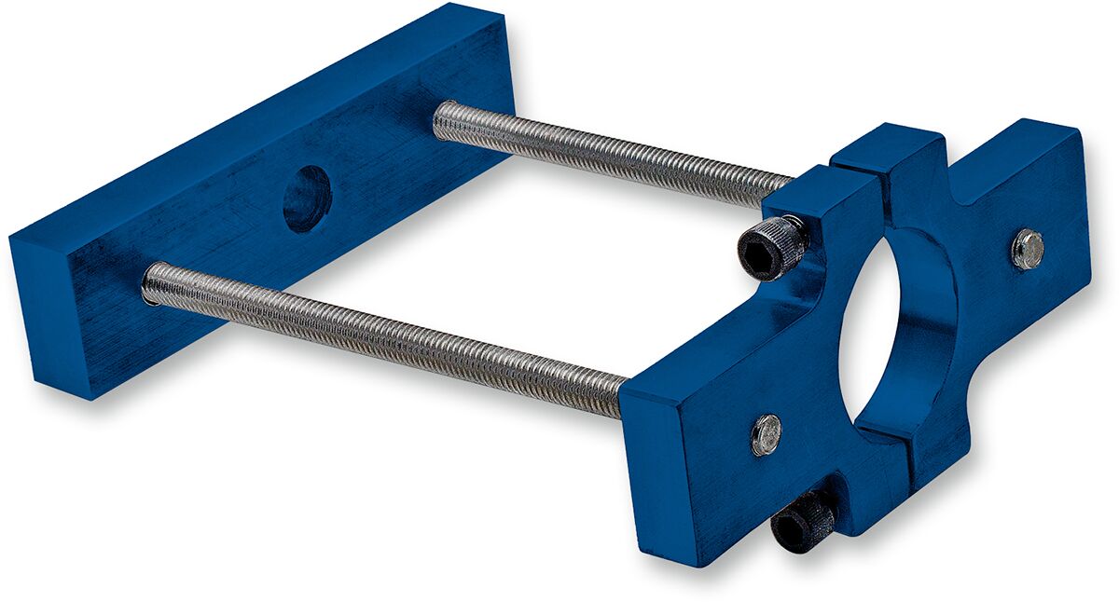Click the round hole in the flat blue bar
pos(307,198)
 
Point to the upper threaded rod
pos(606,152)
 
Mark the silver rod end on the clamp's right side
pos(1028,249)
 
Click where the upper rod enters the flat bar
pos(445,115)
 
